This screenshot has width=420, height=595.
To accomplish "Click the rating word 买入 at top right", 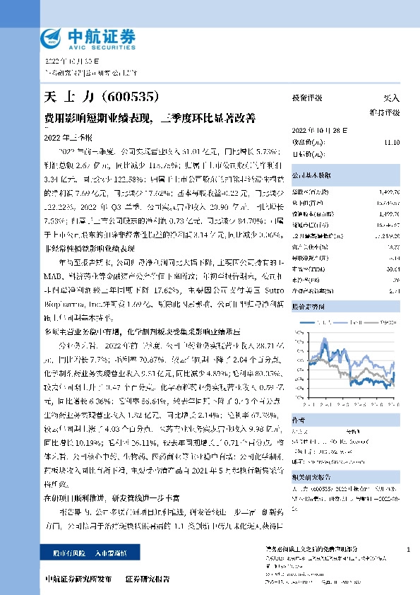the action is [x=390, y=98].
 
